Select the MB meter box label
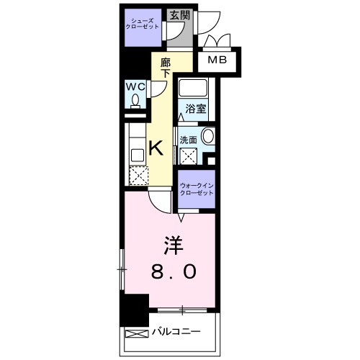(x=218, y=60)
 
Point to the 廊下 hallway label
(x=165, y=68)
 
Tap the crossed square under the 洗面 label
(x=189, y=154)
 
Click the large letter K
(x=156, y=149)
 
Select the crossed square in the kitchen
(x=136, y=176)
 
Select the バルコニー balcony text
(x=176, y=333)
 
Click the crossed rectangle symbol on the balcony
(x=137, y=333)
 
